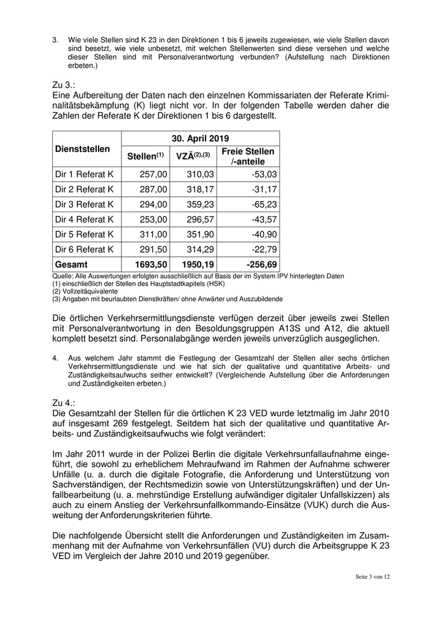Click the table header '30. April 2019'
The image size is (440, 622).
click(x=200, y=138)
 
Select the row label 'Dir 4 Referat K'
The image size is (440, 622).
click(x=84, y=219)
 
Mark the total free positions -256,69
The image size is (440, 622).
click(x=258, y=265)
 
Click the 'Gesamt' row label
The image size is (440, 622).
click(x=72, y=265)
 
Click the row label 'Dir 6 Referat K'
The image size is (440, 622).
click(x=84, y=249)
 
